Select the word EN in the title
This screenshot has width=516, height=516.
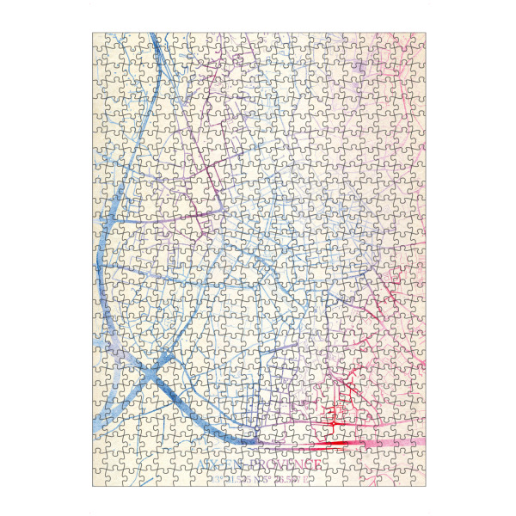(235, 465)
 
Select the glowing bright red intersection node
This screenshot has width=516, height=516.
(332, 423)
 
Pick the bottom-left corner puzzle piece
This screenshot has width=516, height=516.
(100, 479)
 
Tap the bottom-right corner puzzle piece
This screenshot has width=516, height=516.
(418, 479)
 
